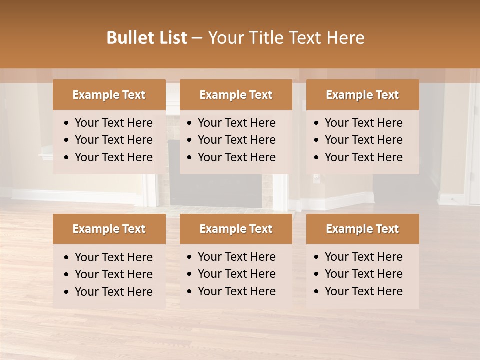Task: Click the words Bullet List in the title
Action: (x=147, y=38)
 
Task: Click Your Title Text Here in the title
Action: (x=286, y=38)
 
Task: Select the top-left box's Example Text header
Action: (x=109, y=95)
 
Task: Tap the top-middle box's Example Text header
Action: (x=236, y=95)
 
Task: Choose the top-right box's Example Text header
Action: (x=362, y=95)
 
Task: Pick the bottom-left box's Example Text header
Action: (x=109, y=229)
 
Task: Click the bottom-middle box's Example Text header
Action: (x=236, y=229)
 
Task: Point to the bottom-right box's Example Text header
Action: (x=362, y=229)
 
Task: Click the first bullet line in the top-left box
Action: (x=113, y=123)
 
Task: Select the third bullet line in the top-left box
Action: (x=113, y=157)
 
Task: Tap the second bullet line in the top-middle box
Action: (x=236, y=140)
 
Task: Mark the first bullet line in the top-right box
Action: (x=363, y=123)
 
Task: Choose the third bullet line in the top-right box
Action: (x=363, y=157)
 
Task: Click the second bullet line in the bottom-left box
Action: (x=113, y=274)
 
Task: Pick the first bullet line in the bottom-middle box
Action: (x=236, y=257)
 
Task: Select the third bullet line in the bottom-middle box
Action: (x=236, y=291)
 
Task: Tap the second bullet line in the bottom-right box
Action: (x=363, y=274)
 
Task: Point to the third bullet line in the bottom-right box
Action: (x=363, y=291)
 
